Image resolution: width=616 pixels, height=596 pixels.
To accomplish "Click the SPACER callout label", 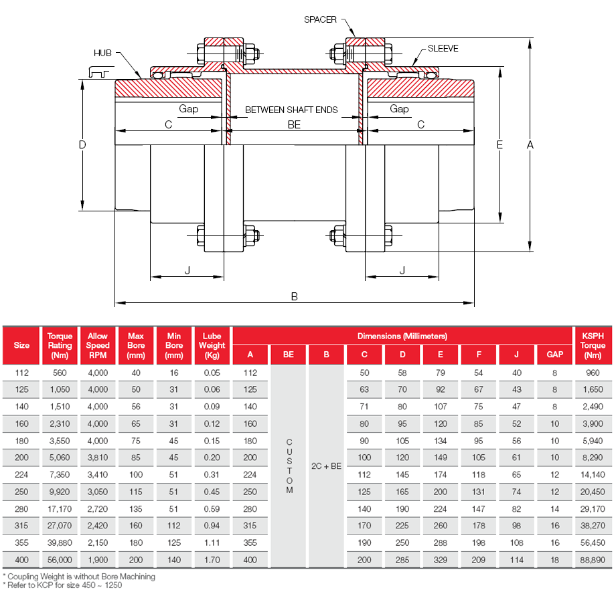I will pyautogui.click(x=320, y=20).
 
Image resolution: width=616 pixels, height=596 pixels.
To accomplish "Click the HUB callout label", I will pyautogui.click(x=102, y=52).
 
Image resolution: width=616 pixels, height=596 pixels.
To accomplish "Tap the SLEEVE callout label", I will pyautogui.click(x=443, y=49).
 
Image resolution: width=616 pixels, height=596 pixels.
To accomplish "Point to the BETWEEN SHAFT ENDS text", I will pyautogui.click(x=291, y=109).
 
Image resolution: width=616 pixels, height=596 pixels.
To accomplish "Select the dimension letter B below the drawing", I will pyautogui.click(x=294, y=296).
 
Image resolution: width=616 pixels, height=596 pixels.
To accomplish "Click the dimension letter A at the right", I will pyautogui.click(x=530, y=144).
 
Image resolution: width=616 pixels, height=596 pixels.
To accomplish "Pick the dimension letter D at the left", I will pyautogui.click(x=82, y=144).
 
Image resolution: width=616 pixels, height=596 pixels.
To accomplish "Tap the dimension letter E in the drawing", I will pyautogui.click(x=499, y=144).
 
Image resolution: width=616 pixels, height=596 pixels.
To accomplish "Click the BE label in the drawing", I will pyautogui.click(x=294, y=124).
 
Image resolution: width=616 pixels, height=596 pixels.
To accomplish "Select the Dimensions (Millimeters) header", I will pyautogui.click(x=402, y=336).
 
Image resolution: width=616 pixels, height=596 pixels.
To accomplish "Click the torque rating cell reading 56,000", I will pyautogui.click(x=60, y=560).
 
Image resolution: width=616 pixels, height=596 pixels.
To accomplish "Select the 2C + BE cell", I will pyautogui.click(x=327, y=466).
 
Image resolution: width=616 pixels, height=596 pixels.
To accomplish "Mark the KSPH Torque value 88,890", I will pyautogui.click(x=593, y=560).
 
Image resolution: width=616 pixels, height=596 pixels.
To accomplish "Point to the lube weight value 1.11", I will pyautogui.click(x=212, y=541).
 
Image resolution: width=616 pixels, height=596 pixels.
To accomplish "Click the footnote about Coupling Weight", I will pyautogui.click(x=79, y=576).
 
